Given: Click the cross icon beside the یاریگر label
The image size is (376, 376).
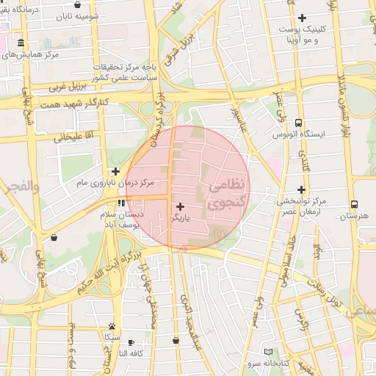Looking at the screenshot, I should point(181,206).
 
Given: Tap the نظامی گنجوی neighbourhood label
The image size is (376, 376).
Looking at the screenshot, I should point(224,195).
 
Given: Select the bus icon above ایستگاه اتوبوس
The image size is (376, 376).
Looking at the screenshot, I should point(298,123).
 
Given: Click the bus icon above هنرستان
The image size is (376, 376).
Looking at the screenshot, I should point(355,205).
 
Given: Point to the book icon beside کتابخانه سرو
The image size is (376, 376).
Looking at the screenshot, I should point(268,352).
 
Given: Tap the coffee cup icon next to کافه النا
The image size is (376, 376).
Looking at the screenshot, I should point(131,342).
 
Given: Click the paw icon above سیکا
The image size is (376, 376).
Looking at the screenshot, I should point(112,326).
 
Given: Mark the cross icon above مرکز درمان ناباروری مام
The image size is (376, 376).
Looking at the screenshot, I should point(115,170).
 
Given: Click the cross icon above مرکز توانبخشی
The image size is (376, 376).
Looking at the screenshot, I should point(301,189).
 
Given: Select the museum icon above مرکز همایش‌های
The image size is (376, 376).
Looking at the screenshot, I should point(20,43).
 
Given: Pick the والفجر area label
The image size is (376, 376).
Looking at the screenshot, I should point(19,187).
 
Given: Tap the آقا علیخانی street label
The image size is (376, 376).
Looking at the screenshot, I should point(74,137).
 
